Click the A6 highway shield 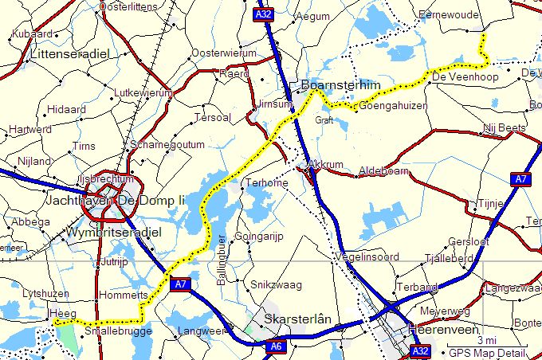276,346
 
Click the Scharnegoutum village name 168,144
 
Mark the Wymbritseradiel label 115,233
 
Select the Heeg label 63,314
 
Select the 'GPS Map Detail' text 487,353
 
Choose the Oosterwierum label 225,53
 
